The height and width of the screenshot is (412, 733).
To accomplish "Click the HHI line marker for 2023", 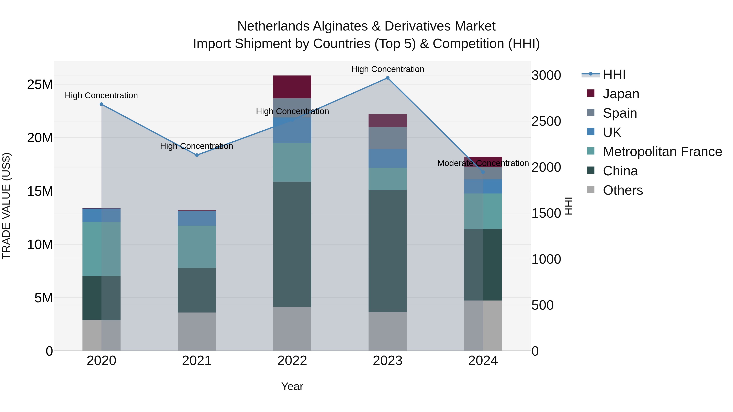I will click(387, 78).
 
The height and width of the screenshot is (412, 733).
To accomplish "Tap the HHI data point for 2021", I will click(197, 155).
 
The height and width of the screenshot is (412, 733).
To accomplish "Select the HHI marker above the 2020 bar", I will click(101, 104).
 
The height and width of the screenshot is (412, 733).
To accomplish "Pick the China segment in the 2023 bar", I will click(387, 251).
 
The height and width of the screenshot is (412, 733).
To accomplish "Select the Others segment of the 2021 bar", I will click(197, 332).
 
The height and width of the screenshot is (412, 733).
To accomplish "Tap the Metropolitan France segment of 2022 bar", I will click(292, 162).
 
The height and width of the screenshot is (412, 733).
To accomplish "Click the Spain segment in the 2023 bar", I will click(387, 138).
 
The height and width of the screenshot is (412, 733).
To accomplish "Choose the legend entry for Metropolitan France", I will click(662, 152).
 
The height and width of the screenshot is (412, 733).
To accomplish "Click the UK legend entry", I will click(612, 132).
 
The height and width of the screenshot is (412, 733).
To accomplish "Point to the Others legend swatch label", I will click(623, 190).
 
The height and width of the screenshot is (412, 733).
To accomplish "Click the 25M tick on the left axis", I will click(40, 84).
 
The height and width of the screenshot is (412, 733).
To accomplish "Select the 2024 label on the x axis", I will click(483, 361).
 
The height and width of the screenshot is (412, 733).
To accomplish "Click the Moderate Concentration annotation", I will click(483, 163).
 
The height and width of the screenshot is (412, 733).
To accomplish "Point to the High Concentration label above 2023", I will click(387, 69).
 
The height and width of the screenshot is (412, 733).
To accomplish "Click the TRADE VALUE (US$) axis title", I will click(6, 206).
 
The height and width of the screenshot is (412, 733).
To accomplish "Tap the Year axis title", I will click(292, 386).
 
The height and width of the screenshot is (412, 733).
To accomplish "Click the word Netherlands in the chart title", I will click(273, 26).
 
